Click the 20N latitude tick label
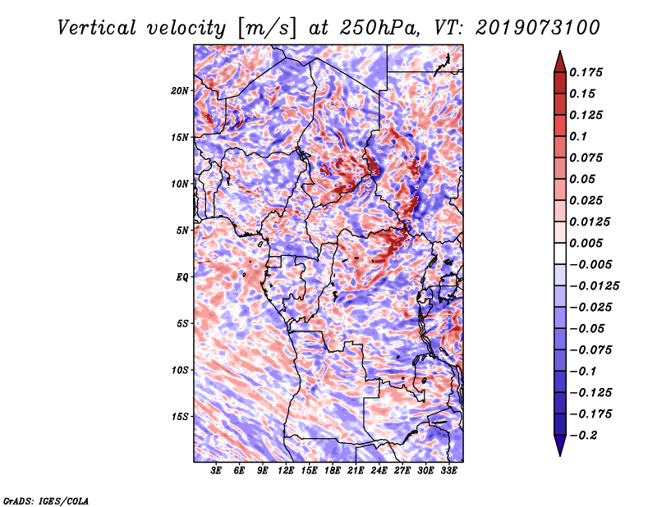point(180,91)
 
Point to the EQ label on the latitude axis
point(182,277)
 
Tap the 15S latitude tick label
point(180,417)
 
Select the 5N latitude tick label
point(182,231)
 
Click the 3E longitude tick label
point(216,471)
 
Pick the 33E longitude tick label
point(448,471)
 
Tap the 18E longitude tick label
point(333,471)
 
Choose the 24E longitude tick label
point(379,471)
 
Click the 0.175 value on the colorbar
point(586,72)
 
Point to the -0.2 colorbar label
point(583,436)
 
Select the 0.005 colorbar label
point(586,243)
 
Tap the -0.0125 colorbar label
point(594,286)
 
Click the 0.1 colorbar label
point(578,136)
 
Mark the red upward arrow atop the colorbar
point(560,62)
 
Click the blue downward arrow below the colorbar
point(560,445)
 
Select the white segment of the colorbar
point(560,253)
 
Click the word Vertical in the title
point(97,28)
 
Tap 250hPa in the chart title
point(379,28)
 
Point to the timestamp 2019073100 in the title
point(538,28)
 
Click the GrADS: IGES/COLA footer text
point(46,500)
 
